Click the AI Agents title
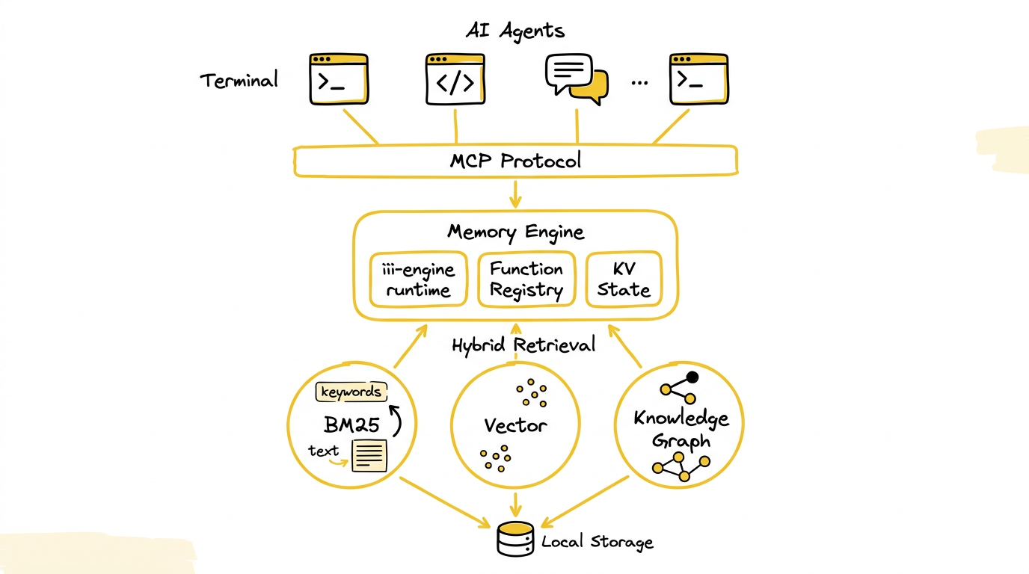click(x=515, y=31)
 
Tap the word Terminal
click(x=239, y=80)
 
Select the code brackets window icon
click(x=455, y=79)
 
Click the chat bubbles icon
click(x=577, y=78)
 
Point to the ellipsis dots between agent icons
click(x=639, y=83)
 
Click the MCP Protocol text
click(x=515, y=161)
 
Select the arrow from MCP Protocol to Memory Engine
click(x=515, y=194)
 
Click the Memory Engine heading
click(x=515, y=232)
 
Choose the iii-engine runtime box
click(x=419, y=280)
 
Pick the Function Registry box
click(x=526, y=280)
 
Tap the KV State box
click(x=624, y=280)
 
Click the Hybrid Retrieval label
click(x=523, y=345)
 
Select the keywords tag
click(x=351, y=392)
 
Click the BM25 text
click(x=351, y=425)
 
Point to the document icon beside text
click(x=369, y=455)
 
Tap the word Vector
click(x=515, y=426)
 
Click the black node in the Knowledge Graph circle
click(x=692, y=377)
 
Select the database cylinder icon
click(x=515, y=539)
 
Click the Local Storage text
click(x=598, y=542)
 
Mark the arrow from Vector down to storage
click(x=515, y=504)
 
